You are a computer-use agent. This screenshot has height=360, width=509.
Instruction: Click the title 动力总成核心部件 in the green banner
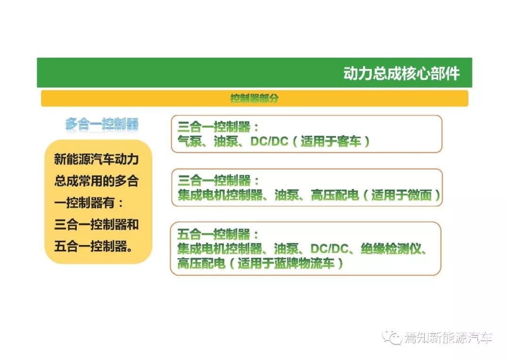click(402, 74)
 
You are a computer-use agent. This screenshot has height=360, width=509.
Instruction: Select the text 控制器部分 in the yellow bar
click(254, 98)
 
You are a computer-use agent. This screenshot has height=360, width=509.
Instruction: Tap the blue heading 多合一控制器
click(102, 124)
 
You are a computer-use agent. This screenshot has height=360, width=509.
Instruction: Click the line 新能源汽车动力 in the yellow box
click(97, 159)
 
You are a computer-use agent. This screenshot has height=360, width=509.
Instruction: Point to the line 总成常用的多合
click(97, 181)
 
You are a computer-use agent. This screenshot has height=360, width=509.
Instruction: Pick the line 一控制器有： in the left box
click(89, 203)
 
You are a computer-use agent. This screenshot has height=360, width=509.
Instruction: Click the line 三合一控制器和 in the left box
click(97, 225)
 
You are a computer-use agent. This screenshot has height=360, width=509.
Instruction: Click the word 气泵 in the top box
click(189, 141)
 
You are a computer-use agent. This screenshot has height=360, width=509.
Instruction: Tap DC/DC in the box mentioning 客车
click(269, 141)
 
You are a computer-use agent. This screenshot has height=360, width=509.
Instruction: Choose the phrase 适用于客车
click(331, 141)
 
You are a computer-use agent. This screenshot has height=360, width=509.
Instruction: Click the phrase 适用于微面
click(402, 195)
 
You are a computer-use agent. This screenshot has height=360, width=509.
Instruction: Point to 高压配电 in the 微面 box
click(335, 195)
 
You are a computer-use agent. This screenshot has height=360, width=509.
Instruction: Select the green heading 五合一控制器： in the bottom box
click(218, 234)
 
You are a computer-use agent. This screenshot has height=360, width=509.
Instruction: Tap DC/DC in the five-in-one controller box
click(329, 249)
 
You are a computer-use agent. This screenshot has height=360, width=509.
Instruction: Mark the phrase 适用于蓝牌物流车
click(286, 263)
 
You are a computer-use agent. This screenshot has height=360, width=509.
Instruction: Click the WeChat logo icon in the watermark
click(392, 337)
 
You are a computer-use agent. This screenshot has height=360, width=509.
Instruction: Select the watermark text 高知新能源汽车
click(448, 338)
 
